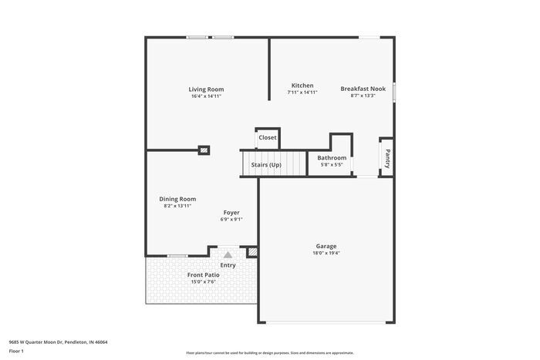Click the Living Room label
(206, 89)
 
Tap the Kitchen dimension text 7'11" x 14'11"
(302, 93)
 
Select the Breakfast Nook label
(363, 89)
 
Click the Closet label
(268, 137)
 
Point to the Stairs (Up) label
(263, 165)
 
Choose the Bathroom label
(332, 157)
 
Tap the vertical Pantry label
(387, 158)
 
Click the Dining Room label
(177, 199)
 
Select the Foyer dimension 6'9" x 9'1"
(231, 220)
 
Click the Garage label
(326, 246)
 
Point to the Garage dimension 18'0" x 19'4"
(326, 253)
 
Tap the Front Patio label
(203, 274)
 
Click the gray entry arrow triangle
(228, 254)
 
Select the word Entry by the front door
(228, 265)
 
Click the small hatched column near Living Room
(204, 150)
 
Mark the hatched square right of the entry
(252, 251)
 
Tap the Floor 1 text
(16, 352)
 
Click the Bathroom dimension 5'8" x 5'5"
(332, 164)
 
